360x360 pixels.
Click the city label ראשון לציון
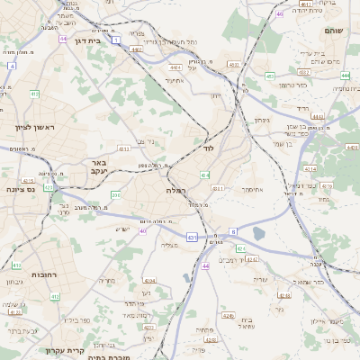pos(35,127)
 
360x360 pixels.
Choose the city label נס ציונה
pos(20,189)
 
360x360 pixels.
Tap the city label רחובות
pos(45,274)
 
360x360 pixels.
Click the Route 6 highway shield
pos(233,231)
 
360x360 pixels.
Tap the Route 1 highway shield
pos(116,40)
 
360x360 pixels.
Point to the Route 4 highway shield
pos(12,67)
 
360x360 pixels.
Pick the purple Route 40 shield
pos(142,231)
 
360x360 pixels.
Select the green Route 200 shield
pos(115,193)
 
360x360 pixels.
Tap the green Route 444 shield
pos(346,76)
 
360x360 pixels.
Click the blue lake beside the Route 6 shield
pos(259,233)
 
